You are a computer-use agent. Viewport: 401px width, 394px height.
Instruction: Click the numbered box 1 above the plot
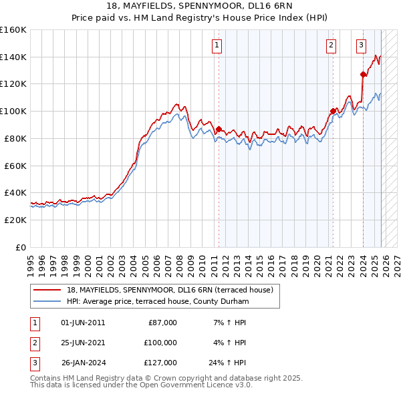pos(218,45)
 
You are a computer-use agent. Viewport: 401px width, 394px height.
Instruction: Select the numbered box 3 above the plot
pos(361,45)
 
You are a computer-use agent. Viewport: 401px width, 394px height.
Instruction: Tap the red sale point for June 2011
pos(219,129)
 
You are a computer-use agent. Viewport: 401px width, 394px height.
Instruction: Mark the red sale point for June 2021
pos(332,111)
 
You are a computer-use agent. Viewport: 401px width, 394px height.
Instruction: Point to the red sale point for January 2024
pos(362,74)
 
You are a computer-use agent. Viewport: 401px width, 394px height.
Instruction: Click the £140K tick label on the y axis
pos(13,57)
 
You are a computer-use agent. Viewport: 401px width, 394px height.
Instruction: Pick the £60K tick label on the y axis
pos(15,166)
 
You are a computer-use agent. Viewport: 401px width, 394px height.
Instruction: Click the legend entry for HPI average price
pos(158,302)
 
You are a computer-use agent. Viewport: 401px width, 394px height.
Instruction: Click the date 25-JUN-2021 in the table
pos(83,343)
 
